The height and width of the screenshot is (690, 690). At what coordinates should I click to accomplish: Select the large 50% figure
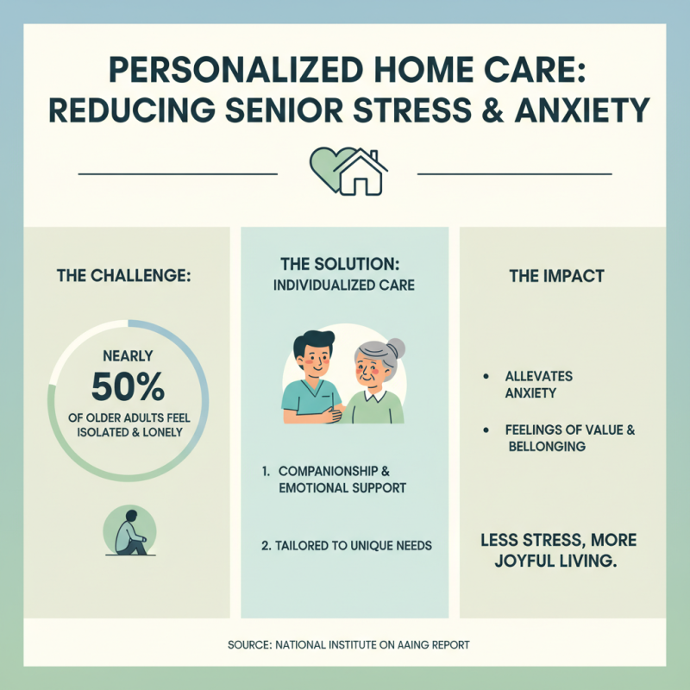pos(127,387)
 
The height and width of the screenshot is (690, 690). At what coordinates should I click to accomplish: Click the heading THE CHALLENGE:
pos(123,277)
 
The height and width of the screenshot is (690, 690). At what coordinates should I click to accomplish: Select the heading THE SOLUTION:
pos(344,262)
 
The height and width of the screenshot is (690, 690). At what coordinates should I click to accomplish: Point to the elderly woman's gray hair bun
pos(397,349)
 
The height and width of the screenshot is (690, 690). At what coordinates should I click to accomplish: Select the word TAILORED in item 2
pos(304,545)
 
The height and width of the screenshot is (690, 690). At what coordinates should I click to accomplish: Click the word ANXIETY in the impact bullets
pos(530,393)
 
